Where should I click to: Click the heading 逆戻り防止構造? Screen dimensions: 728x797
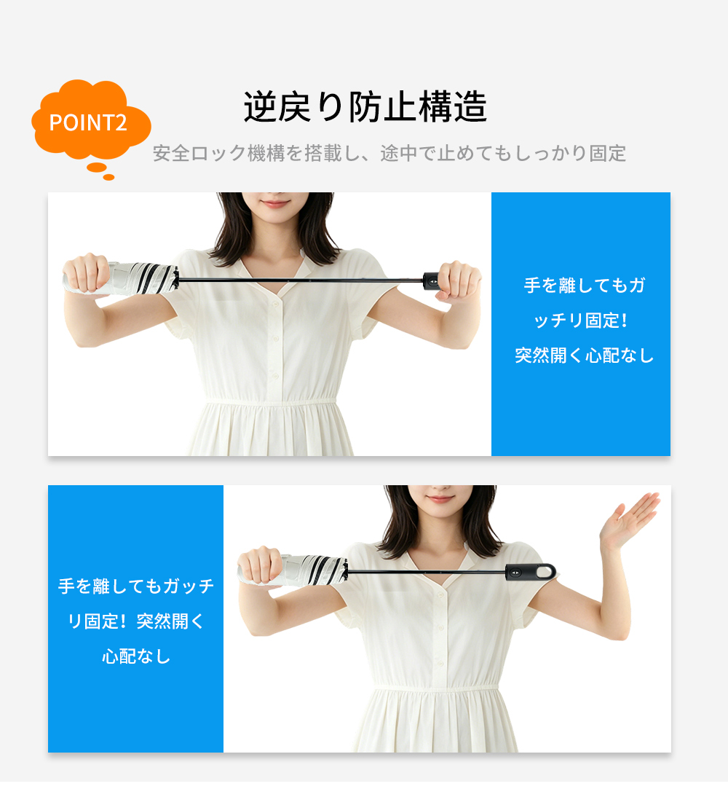tap(365, 107)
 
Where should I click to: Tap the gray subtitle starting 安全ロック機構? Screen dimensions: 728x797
tap(389, 153)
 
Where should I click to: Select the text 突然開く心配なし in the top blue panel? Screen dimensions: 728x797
tap(585, 356)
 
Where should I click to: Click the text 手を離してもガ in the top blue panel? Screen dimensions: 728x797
tap(585, 285)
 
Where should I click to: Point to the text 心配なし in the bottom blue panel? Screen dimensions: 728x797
tap(135, 656)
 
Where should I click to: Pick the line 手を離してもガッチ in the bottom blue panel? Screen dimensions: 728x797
tap(135, 586)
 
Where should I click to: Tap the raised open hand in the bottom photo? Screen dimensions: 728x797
tap(628, 521)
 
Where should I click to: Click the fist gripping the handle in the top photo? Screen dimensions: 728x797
tap(459, 280)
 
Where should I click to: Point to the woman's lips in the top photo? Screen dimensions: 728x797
tap(275, 204)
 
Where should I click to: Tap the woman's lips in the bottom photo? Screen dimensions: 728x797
tap(440, 498)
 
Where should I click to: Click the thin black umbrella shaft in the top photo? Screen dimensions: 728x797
tap(301, 280)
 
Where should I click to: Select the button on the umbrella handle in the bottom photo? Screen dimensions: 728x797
tap(515, 572)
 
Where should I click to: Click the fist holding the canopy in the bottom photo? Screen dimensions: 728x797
tap(259, 567)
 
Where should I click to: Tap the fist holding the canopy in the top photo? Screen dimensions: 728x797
tap(87, 274)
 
